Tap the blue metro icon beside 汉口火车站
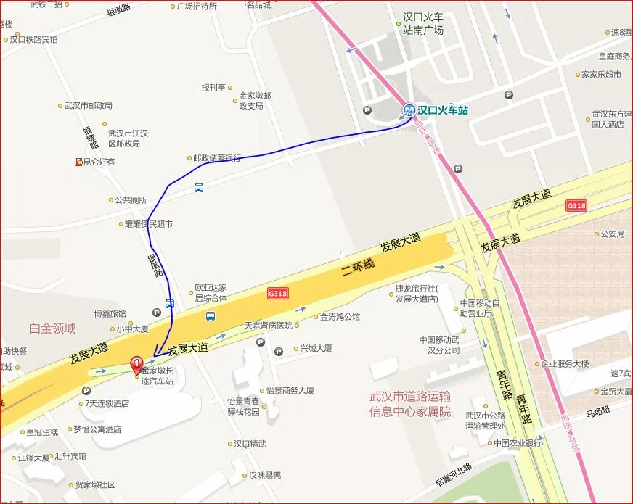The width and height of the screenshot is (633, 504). point(410,111)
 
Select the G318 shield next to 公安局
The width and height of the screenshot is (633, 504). point(576,206)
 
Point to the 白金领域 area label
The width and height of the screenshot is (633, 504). point(52,329)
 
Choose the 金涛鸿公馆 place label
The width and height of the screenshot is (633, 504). point(340,317)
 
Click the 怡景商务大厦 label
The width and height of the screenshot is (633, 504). point(290,390)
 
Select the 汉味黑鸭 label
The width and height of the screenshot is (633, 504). point(264,476)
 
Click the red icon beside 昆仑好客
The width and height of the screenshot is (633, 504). point(78,162)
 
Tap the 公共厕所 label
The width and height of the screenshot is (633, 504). point(131,200)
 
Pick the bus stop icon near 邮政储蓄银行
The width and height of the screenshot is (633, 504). point(198,188)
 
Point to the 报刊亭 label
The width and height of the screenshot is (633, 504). point(214,87)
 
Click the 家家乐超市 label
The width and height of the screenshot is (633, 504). point(601,74)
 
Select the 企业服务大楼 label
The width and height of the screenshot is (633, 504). point(565,364)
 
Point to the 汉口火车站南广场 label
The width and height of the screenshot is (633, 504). point(423,23)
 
